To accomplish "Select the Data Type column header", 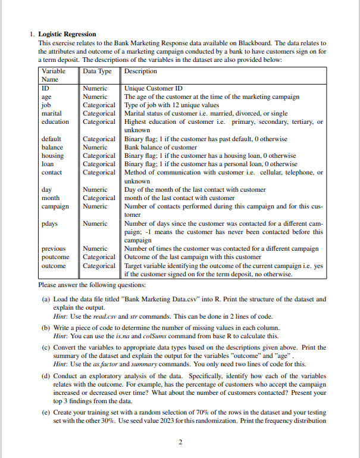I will tap(98, 71).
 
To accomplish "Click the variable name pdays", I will tap(50, 224).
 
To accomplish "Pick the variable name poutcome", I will tap(54, 257).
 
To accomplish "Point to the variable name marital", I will tap(52, 113).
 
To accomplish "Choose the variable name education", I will tap(55, 121).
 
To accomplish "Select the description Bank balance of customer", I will tap(160, 147).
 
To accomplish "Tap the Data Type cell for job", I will tap(99, 105).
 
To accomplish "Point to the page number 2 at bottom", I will tap(180, 442).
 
